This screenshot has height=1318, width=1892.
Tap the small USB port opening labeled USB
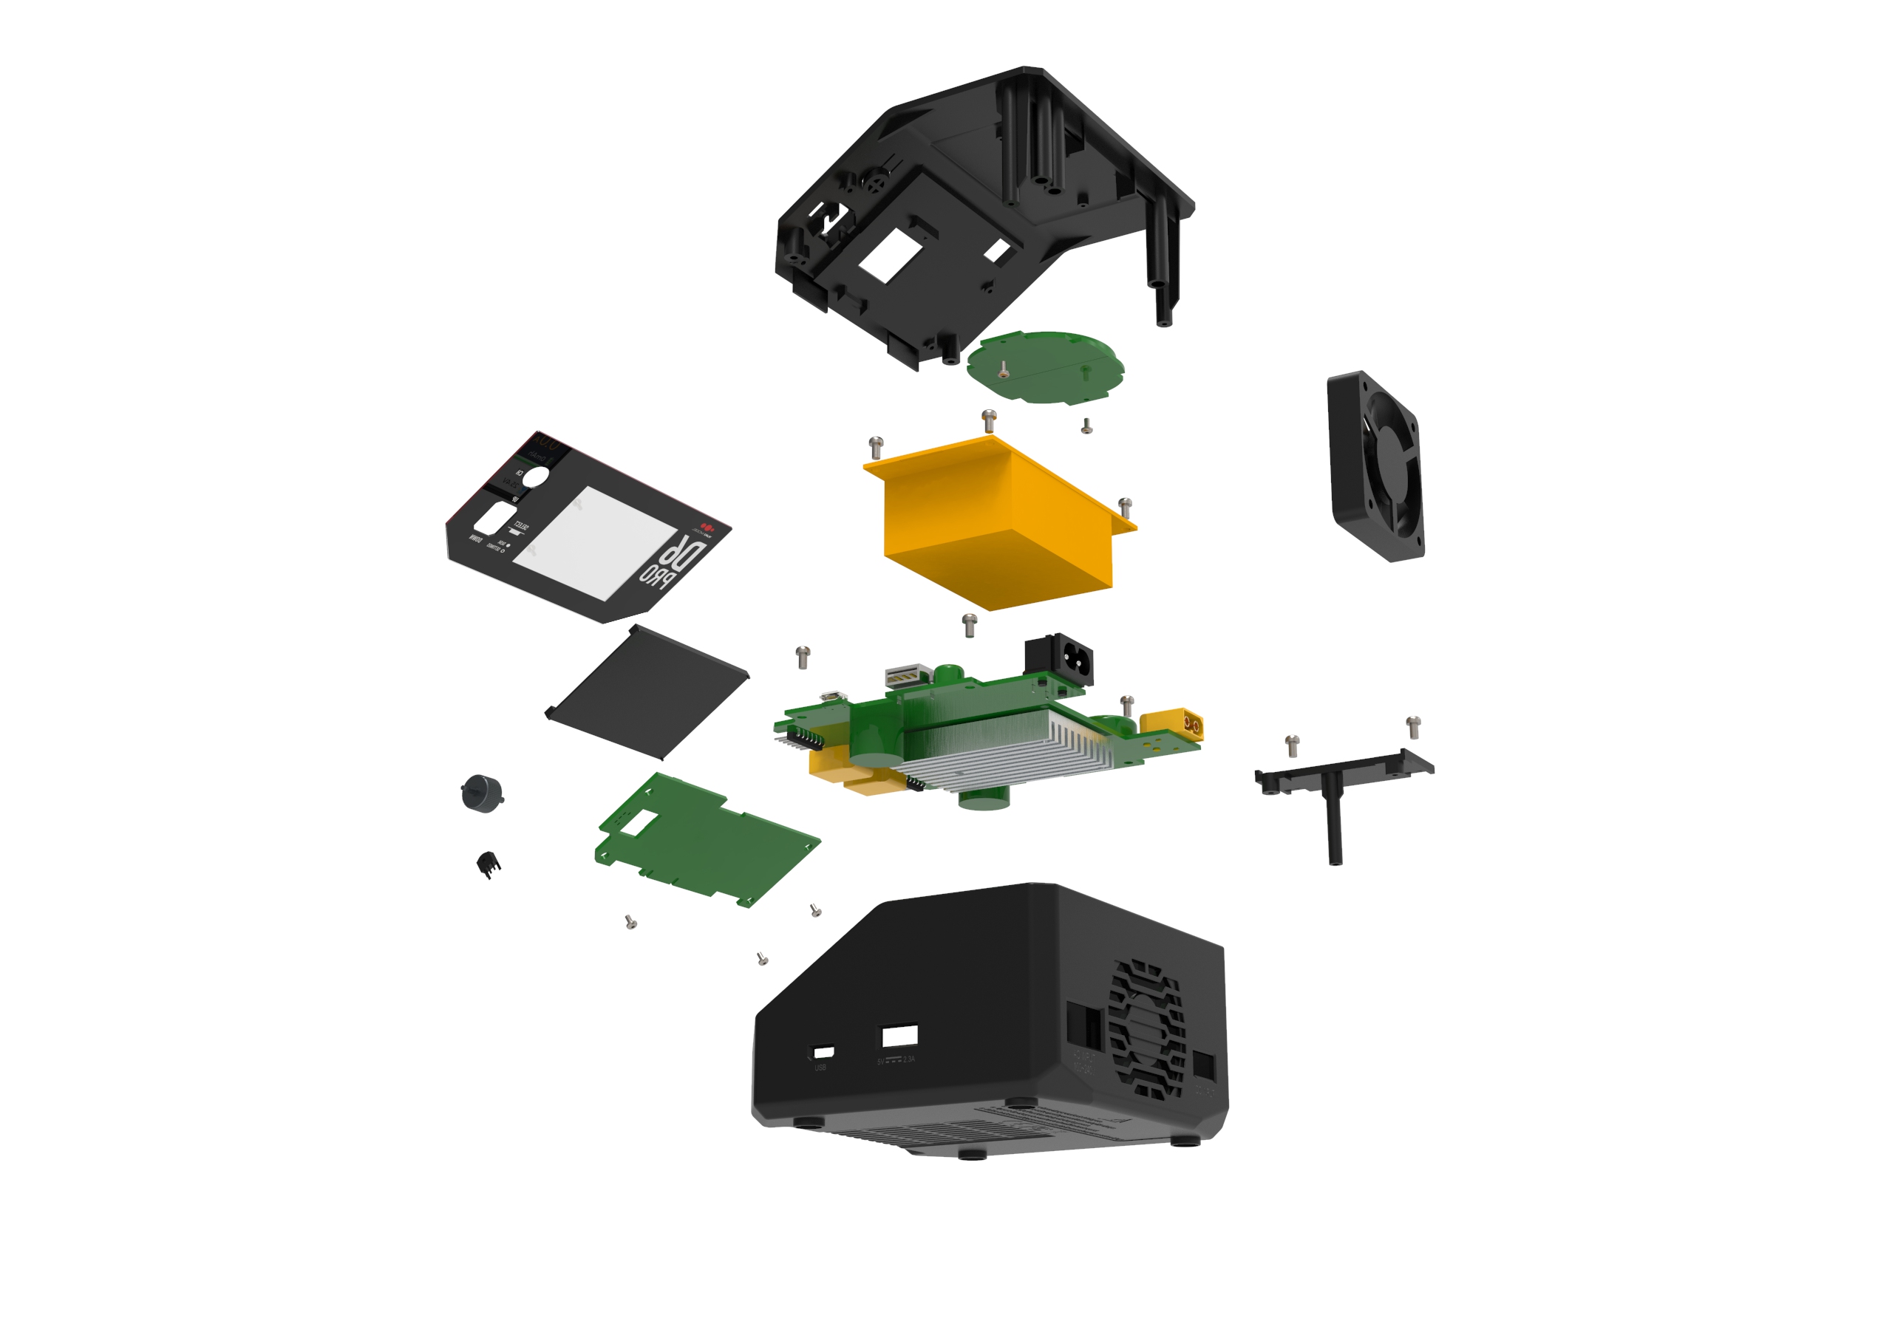tap(823, 1052)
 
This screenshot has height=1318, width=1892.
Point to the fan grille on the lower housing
tap(1146, 1030)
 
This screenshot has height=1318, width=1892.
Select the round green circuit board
tap(1045, 367)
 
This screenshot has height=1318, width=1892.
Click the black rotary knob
tap(481, 793)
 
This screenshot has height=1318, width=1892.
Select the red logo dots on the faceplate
tap(707, 525)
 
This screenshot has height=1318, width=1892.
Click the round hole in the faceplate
tap(535, 476)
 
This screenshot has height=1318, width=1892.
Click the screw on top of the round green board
tap(1003, 370)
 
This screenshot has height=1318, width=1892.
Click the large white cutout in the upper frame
tap(890, 256)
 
